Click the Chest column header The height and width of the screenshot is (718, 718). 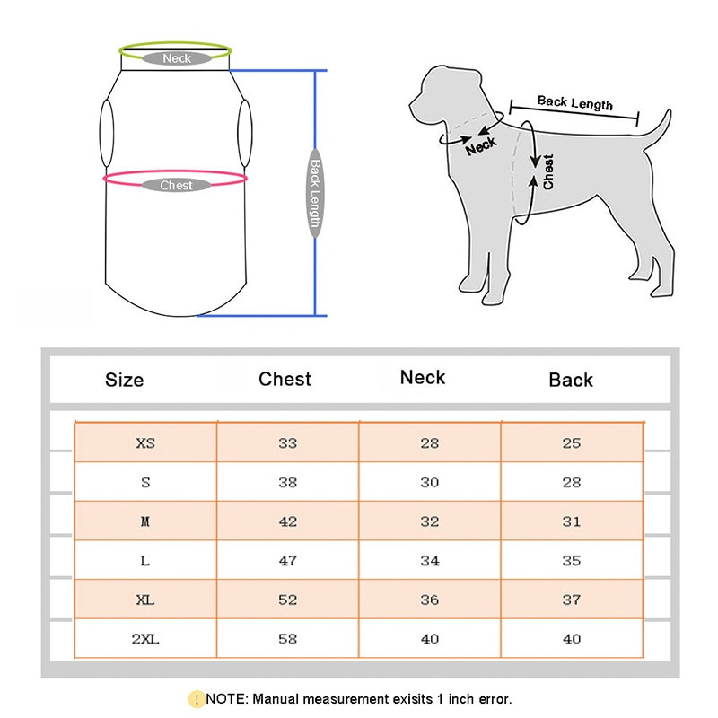(285, 379)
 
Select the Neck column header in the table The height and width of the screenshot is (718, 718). (422, 377)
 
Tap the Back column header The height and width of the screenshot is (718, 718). (571, 380)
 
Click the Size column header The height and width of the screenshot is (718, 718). (124, 380)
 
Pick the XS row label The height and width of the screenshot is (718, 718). (145, 443)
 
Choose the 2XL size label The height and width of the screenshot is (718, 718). (145, 639)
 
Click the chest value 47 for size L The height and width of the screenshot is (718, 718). (287, 560)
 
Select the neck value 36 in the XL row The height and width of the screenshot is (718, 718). (430, 600)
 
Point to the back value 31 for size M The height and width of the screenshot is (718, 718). (572, 521)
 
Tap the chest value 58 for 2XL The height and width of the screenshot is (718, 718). (287, 639)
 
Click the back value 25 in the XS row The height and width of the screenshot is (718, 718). (572, 443)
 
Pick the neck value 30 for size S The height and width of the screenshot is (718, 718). (430, 482)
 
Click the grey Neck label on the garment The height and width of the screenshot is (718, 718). (177, 58)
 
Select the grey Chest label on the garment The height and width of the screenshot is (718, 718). (176, 185)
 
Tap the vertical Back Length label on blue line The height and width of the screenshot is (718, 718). (315, 193)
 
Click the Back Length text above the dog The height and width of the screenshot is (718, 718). (574, 102)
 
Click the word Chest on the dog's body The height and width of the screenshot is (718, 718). (548, 171)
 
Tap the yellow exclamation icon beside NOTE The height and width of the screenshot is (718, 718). (197, 699)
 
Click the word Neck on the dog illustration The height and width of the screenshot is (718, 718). (481, 146)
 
